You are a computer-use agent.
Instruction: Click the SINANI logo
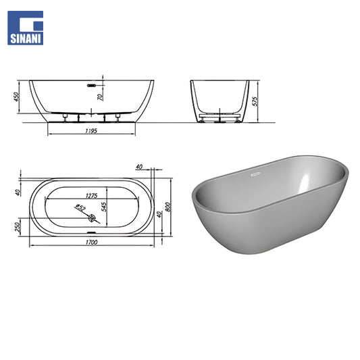tap(25, 28)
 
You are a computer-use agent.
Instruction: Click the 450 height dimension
tap(16, 97)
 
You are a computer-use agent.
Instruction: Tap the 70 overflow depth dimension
tap(101, 97)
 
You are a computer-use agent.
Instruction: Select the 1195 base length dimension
tap(91, 131)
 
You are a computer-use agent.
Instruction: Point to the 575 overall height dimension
tap(255, 101)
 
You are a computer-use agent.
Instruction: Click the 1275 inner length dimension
tap(92, 196)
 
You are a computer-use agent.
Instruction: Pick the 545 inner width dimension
tap(104, 207)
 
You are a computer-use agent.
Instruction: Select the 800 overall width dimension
tap(168, 207)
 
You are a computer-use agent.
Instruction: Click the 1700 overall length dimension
tap(92, 242)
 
